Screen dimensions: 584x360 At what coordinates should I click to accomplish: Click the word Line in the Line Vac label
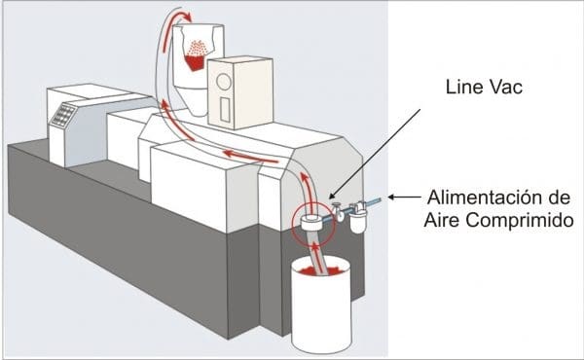coord(464,88)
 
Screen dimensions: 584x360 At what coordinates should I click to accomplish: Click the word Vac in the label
coord(506,88)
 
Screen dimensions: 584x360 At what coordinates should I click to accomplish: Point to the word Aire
coord(442,220)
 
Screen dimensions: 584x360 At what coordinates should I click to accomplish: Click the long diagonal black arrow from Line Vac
coord(375,153)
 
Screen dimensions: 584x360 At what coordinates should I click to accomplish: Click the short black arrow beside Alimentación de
coord(404,197)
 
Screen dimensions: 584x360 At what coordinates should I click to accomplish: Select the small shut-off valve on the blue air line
coord(339,211)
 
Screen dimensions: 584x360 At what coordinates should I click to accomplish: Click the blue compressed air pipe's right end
coord(380,200)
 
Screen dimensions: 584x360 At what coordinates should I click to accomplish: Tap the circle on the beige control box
coord(224,82)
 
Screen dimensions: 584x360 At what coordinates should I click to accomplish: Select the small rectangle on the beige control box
coord(225,109)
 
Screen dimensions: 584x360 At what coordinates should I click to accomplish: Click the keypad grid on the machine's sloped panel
coord(63,114)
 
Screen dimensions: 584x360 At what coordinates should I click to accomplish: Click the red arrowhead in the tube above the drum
coord(315,247)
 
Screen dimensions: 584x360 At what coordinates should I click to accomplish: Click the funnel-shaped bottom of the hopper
coord(191,100)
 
